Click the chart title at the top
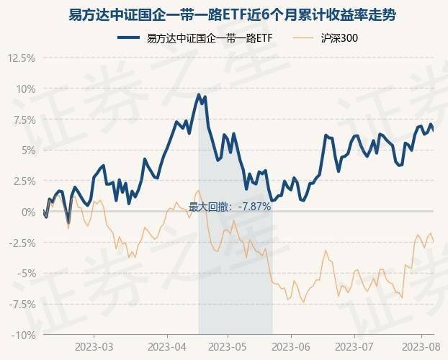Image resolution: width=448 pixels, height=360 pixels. click(224, 15)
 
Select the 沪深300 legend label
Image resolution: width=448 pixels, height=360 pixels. click(339, 38)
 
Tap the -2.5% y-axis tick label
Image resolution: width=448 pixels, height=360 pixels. click(21, 243)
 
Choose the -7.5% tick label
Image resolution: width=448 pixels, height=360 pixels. click(21, 304)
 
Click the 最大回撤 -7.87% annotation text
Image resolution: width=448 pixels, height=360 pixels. click(229, 207)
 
